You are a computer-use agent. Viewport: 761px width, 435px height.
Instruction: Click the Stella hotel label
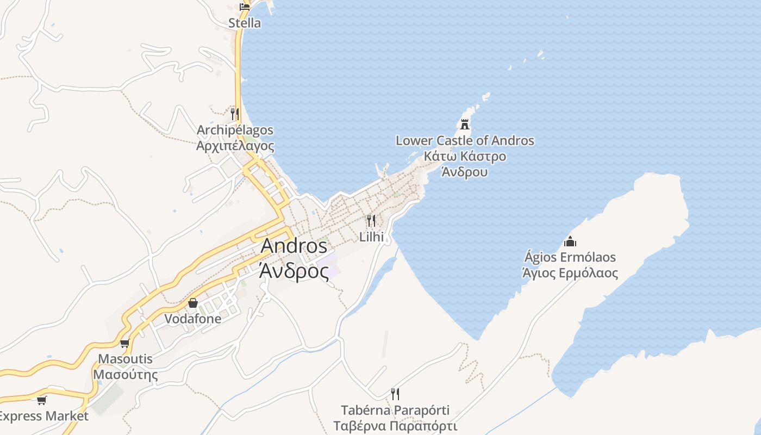pos(244,23)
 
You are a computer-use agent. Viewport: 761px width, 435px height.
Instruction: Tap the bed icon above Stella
pos(245,7)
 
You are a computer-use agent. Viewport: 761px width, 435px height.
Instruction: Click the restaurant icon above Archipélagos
pos(235,114)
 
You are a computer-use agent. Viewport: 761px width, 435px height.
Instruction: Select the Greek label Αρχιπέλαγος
pos(235,146)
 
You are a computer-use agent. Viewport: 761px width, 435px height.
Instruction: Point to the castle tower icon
pos(465,125)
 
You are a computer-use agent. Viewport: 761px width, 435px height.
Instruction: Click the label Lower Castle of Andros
pos(465,141)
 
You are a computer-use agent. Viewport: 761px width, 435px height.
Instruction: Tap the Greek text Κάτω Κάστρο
pos(465,157)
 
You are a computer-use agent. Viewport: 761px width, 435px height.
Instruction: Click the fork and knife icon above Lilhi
pos(371,220)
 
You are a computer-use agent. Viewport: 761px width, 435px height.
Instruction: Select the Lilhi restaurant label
pos(371,237)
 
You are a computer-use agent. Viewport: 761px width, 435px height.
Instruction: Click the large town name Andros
pos(294,246)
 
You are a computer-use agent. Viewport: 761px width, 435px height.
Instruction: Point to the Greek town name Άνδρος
pos(294,270)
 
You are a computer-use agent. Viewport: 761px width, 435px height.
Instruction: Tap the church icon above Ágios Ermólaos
pos(570,241)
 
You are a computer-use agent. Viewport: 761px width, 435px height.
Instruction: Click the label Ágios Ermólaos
pos(570,257)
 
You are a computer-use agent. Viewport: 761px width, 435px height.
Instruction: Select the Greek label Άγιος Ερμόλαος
pos(570,272)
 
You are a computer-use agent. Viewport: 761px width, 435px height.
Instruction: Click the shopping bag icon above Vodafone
pos(193,302)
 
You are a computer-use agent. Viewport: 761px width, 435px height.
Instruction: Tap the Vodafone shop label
pos(193,319)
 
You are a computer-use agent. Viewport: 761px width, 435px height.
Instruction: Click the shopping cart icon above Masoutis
pos(125,343)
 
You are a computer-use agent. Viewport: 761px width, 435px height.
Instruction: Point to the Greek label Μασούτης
pos(125,375)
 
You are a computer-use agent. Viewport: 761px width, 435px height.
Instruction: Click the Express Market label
pos(43,417)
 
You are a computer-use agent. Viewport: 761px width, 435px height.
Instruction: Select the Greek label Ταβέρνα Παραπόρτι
pos(395,426)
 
